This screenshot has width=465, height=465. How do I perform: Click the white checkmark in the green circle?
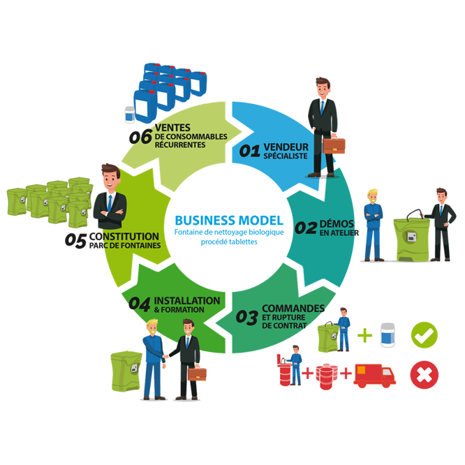pyautogui.click(x=424, y=336)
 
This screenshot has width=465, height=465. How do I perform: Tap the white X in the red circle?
pyautogui.click(x=424, y=375)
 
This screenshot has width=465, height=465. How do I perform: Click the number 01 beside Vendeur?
pyautogui.click(x=250, y=150)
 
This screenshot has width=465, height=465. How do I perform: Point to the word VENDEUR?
pyautogui.click(x=286, y=147)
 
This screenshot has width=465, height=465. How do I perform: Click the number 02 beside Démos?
pyautogui.click(x=305, y=228)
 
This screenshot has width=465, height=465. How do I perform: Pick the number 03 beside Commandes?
pyautogui.click(x=246, y=318)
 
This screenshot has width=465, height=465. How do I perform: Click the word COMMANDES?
pyautogui.click(x=293, y=308)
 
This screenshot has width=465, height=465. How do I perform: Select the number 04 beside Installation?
pyautogui.click(x=140, y=304)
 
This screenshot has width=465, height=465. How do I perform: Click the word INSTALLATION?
pyautogui.click(x=186, y=301)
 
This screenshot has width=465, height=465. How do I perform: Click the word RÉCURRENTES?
pyautogui.click(x=181, y=145)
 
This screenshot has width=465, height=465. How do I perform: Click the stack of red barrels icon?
pyautogui.click(x=325, y=375)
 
